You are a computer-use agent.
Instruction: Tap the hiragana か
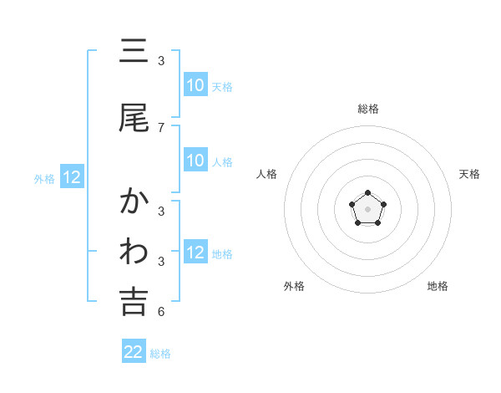tap(134, 202)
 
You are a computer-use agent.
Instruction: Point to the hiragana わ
tap(134, 251)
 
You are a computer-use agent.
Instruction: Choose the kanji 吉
tap(134, 301)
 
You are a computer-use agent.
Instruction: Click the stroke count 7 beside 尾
tap(161, 127)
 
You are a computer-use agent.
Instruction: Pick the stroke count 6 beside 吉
tap(161, 312)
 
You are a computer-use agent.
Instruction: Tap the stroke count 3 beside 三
tap(161, 60)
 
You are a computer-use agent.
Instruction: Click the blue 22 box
tap(134, 352)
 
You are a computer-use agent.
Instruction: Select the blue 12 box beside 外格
tap(71, 177)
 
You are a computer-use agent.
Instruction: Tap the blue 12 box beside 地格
tap(195, 253)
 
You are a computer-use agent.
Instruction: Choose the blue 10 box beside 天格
tap(195, 85)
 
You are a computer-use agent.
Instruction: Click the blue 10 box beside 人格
tap(195, 161)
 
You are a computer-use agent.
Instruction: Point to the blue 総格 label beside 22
tap(160, 353)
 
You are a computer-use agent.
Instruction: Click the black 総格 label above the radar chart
tap(368, 109)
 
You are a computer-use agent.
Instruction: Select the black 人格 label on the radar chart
tap(267, 174)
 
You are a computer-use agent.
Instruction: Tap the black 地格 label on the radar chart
tap(438, 286)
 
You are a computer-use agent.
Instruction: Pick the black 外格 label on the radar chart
tap(294, 286)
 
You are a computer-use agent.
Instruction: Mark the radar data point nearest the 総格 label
tap(367, 194)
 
